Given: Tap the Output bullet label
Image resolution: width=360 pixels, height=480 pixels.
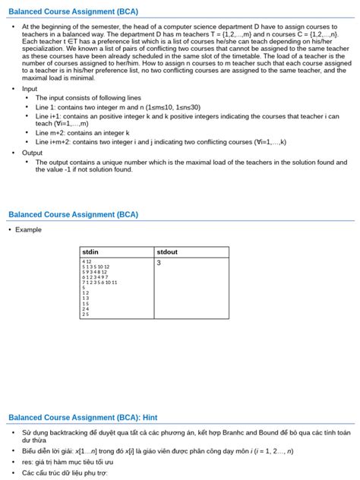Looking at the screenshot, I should pyautogui.click(x=32, y=153).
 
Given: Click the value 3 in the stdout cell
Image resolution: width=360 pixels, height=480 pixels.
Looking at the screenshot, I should pyautogui.click(x=159, y=263).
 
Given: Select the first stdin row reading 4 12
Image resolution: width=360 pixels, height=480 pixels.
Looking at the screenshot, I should pyautogui.click(x=87, y=261).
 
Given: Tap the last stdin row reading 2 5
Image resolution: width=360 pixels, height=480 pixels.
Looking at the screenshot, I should pyautogui.click(x=85, y=314).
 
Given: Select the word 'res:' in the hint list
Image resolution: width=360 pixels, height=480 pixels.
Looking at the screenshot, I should pyautogui.click(x=30, y=462).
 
